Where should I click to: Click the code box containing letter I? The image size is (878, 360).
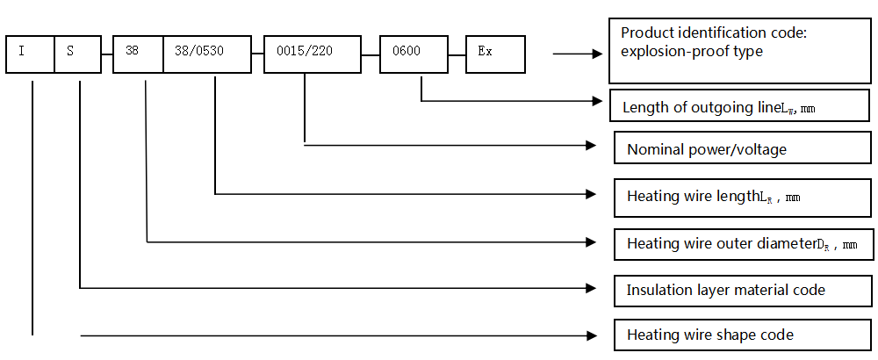31,54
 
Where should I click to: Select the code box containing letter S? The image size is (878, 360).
78,54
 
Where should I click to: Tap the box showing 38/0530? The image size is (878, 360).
207,54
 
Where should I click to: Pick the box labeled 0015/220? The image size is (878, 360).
313,54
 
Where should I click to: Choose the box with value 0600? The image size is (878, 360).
414,54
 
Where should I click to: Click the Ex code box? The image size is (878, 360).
494,54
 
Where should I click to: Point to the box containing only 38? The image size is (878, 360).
138,54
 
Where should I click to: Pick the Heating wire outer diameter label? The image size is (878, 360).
743,243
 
